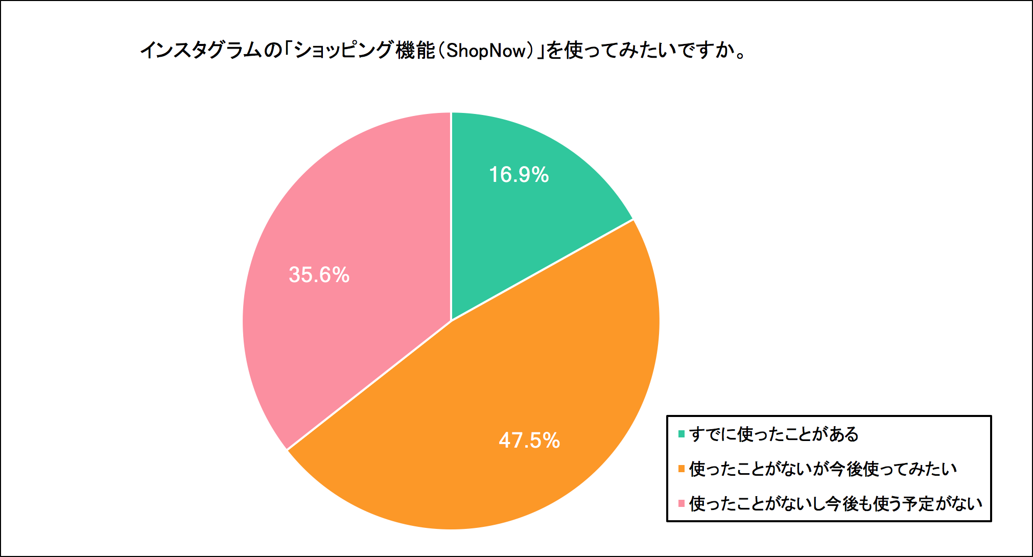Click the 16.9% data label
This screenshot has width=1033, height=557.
click(x=519, y=175)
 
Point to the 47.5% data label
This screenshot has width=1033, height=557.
click(x=529, y=440)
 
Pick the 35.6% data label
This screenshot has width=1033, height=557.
click(x=319, y=275)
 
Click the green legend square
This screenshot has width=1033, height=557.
click(x=681, y=434)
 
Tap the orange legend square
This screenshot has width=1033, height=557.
click(x=681, y=469)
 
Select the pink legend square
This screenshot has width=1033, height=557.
click(x=681, y=504)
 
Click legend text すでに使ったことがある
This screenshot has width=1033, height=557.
click(x=773, y=434)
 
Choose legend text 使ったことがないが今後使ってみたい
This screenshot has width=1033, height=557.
click(x=823, y=469)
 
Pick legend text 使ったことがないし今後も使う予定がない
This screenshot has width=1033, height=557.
click(x=835, y=504)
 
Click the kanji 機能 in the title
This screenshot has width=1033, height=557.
click(x=415, y=51)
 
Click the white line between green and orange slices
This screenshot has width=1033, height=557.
click(x=542, y=270)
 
